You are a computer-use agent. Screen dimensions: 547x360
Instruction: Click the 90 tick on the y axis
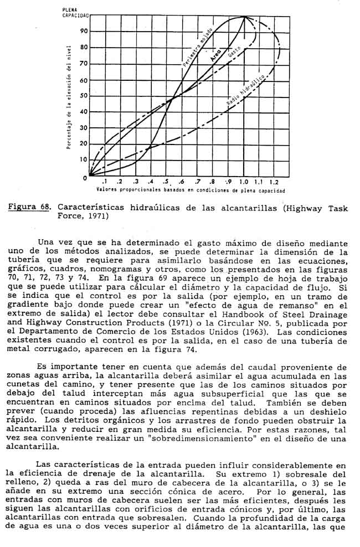[x=84, y=31]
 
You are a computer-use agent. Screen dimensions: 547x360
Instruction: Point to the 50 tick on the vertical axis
[x=84, y=96]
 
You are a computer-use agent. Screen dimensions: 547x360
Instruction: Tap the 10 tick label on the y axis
[x=84, y=160]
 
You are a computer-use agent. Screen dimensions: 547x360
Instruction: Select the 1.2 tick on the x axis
[x=274, y=182]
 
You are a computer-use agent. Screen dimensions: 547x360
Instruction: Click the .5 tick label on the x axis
[x=166, y=182]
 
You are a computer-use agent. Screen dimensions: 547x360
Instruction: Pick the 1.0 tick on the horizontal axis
[x=244, y=182]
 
